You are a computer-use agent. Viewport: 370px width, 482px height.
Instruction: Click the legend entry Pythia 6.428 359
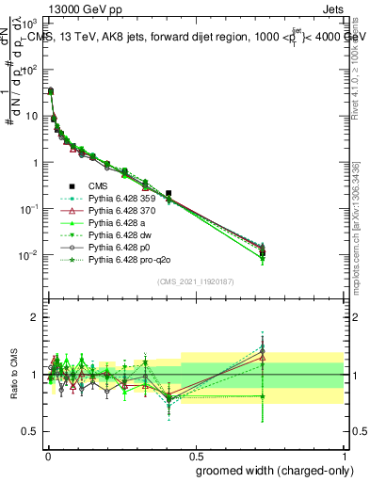pos(121,198)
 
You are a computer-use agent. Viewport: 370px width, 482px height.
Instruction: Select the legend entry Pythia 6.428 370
pos(121,210)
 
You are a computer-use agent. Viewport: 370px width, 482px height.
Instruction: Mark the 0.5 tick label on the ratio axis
pos(29,432)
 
